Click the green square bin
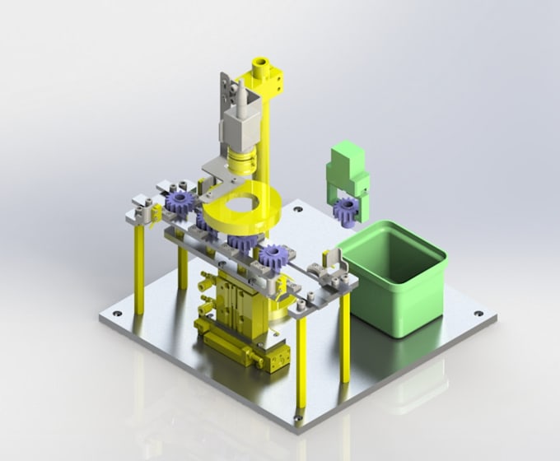395,276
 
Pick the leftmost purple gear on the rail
178,202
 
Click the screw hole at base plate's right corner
478,314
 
